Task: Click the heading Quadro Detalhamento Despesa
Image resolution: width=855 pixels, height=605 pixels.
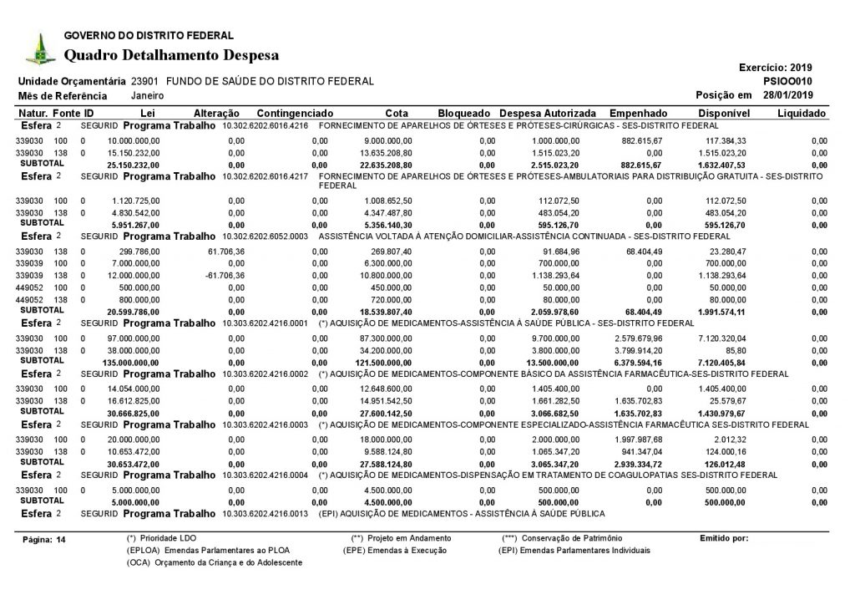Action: coord(171,55)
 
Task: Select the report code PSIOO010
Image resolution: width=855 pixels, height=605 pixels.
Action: coord(789,81)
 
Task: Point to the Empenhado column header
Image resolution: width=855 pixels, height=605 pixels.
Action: coord(638,113)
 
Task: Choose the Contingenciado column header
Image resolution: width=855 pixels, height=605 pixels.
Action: coord(296,113)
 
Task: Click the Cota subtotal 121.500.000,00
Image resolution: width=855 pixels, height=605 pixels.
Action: coord(383,364)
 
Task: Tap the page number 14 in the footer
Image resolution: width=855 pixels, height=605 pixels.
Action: coord(60,540)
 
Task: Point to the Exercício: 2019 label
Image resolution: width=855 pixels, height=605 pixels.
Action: coord(776,67)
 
